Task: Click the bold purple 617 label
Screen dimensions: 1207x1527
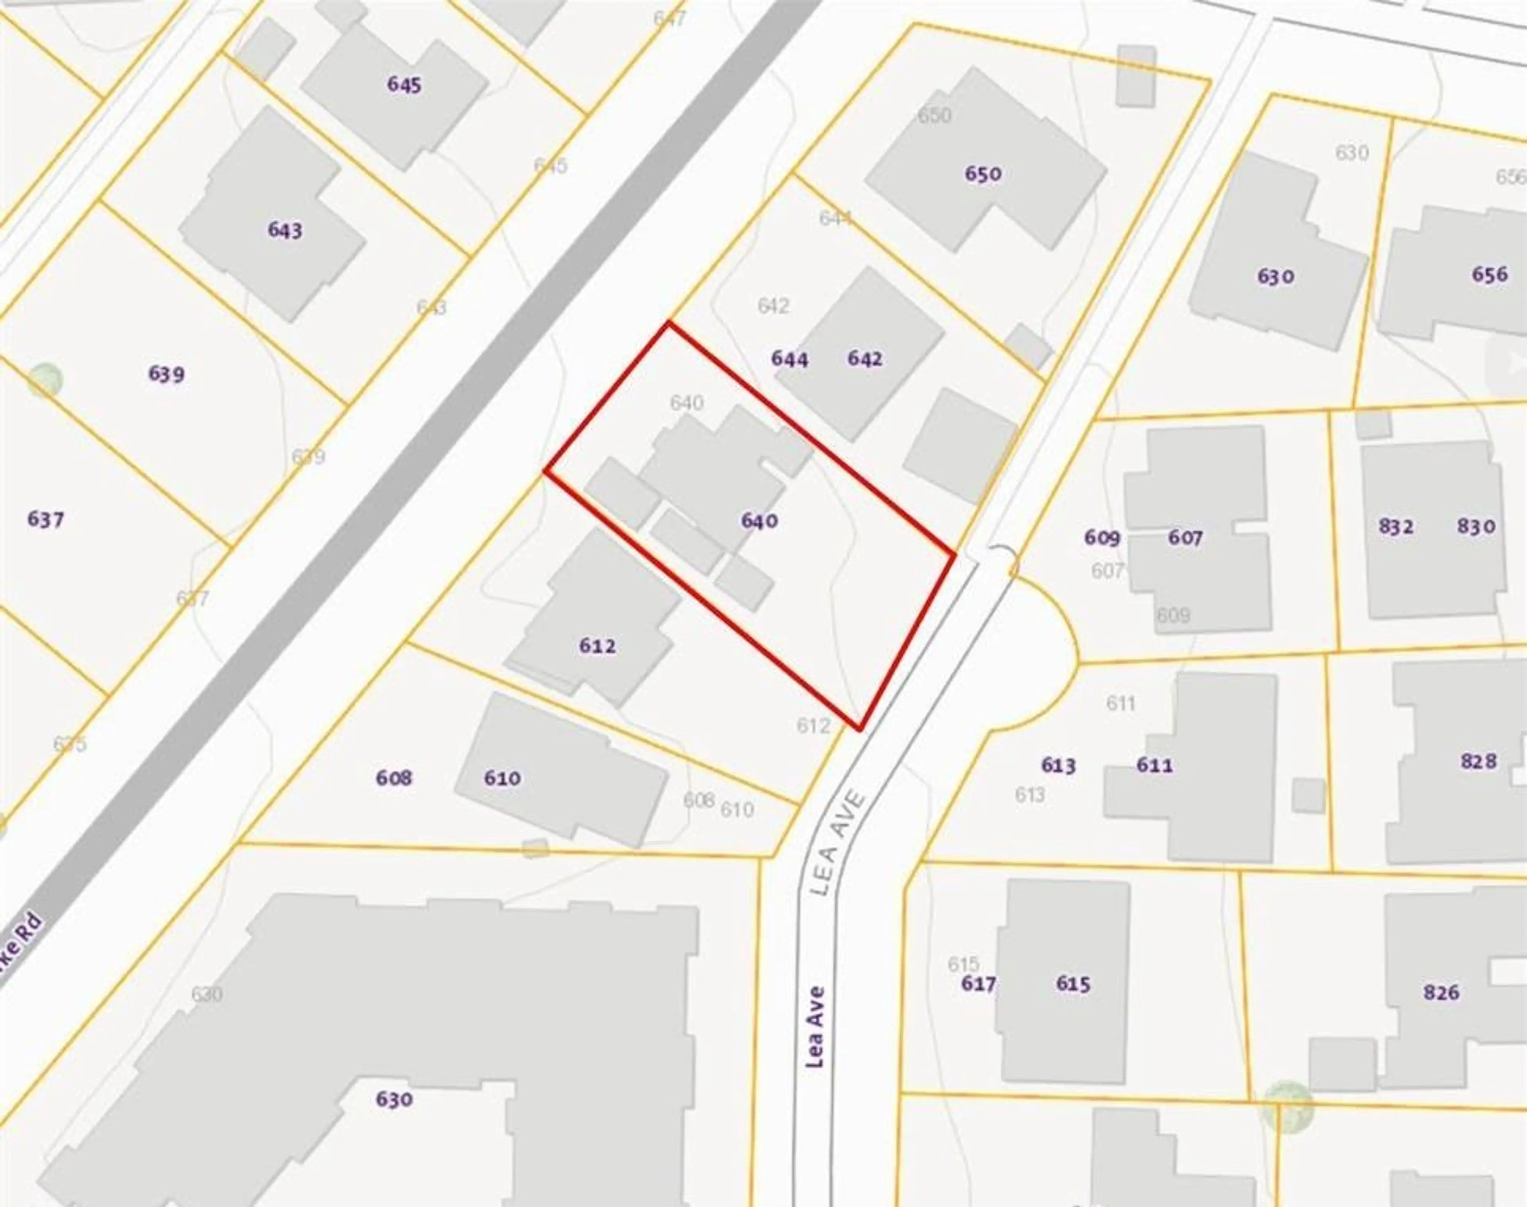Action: tap(979, 983)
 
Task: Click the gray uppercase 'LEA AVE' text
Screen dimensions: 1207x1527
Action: tap(839, 844)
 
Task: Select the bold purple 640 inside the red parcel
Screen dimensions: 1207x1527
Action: tap(760, 521)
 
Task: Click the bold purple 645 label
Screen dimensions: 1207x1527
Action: tap(404, 85)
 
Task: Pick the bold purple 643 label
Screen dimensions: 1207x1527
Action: tap(285, 230)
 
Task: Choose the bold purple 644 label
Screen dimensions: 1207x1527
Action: tap(789, 359)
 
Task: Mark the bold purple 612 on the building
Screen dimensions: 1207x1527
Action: tap(597, 646)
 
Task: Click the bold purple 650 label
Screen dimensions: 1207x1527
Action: tap(983, 174)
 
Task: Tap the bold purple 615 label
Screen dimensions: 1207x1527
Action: tap(1073, 983)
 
